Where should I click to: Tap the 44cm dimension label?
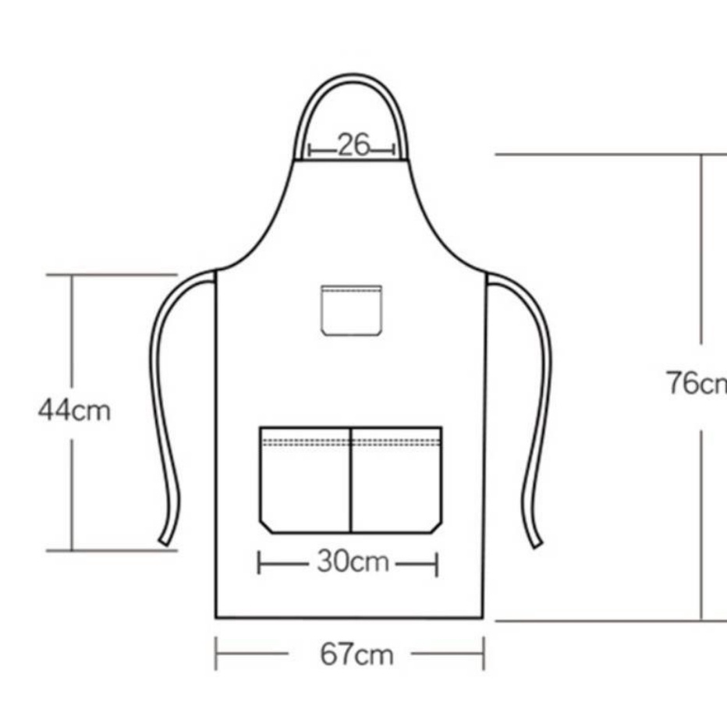tap(75, 410)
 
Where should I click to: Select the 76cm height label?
tap(697, 383)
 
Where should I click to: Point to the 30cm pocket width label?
tap(353, 562)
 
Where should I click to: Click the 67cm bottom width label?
tap(356, 654)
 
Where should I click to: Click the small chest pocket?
tap(352, 310)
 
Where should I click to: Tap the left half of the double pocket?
tap(306, 480)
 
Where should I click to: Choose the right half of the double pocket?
tap(396, 480)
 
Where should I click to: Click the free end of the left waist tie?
tap(165, 541)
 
